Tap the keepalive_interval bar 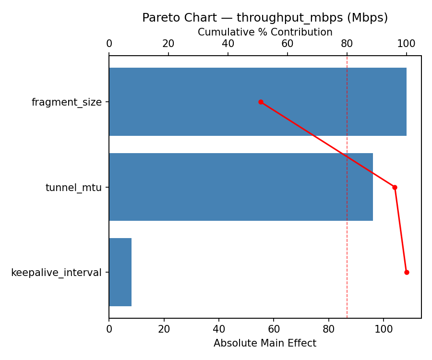pyautogui.click(x=120, y=272)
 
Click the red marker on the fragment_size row pyautogui.click(x=261, y=102)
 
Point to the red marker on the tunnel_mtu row pyautogui.click(x=395, y=187)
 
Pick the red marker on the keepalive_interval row pyautogui.click(x=407, y=272)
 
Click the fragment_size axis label pyautogui.click(x=67, y=102)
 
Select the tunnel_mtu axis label pyautogui.click(x=73, y=188)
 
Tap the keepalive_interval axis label pyautogui.click(x=56, y=273)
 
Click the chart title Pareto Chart pyautogui.click(x=265, y=18)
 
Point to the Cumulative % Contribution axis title pyautogui.click(x=265, y=32)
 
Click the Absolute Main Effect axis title pyautogui.click(x=265, y=343)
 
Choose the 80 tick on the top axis pyautogui.click(x=347, y=44)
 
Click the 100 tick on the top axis pyautogui.click(x=407, y=44)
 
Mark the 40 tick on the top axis pyautogui.click(x=228, y=44)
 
